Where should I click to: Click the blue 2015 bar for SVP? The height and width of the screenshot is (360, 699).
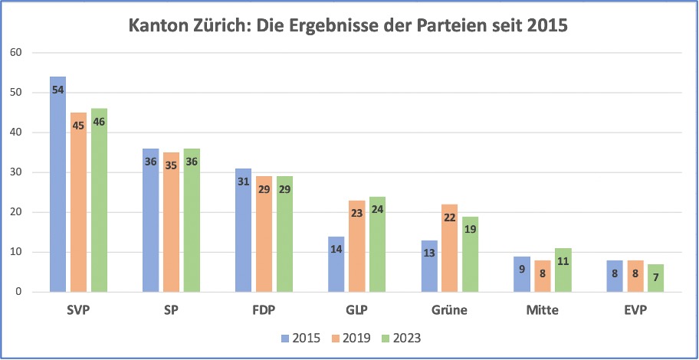tap(57, 184)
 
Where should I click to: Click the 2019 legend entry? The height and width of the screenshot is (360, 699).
tap(351, 337)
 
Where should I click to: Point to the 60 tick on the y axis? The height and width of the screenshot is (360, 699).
tap(17, 53)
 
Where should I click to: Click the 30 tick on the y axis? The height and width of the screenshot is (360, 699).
tap(17, 172)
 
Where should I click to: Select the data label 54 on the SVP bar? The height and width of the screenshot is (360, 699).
tap(57, 90)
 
